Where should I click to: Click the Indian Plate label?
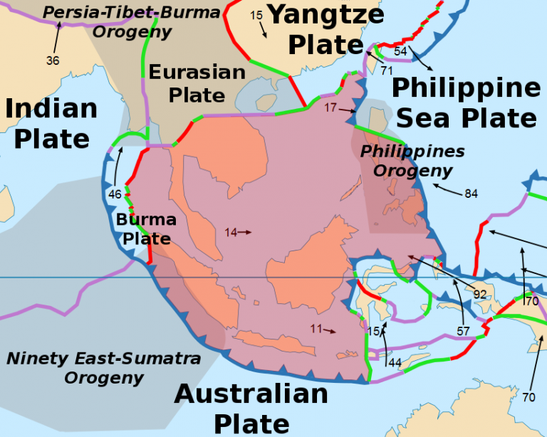point(51,123)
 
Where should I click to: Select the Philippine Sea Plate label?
point(466,102)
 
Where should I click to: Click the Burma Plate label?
point(145,228)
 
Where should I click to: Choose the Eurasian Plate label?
point(197,83)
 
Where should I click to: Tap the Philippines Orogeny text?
point(412,161)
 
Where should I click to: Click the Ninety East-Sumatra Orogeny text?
point(104,367)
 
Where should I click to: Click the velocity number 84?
point(471,194)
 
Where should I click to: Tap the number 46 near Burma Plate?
point(115,194)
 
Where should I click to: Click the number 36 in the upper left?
point(53,60)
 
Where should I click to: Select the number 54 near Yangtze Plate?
point(400,51)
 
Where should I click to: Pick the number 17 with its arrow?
point(330,107)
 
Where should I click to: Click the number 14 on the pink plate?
point(230,232)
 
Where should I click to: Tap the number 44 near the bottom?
point(395,363)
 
